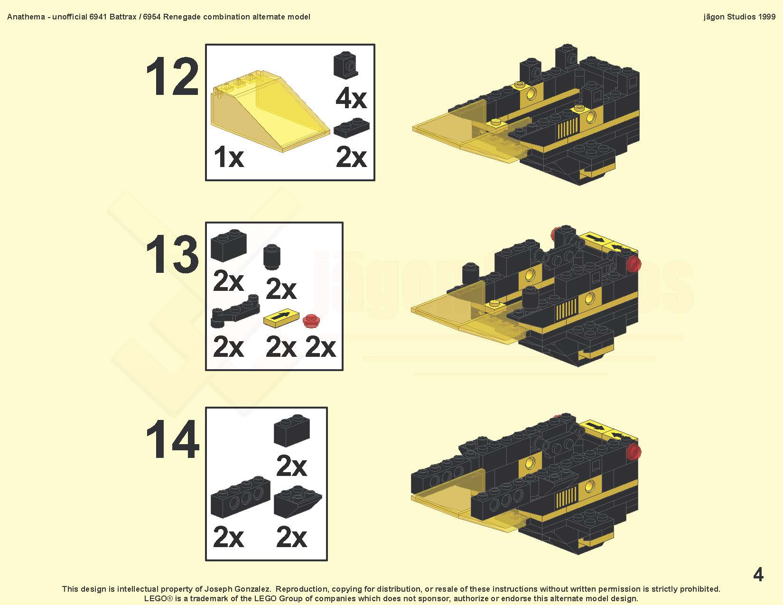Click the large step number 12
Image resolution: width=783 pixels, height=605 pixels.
click(x=172, y=77)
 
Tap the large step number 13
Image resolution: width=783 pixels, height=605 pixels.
click(x=172, y=254)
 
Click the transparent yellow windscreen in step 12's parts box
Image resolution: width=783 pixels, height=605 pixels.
click(x=270, y=111)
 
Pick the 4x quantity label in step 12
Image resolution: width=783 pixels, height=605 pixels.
click(x=351, y=98)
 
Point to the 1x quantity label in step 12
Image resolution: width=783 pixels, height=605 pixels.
click(x=229, y=157)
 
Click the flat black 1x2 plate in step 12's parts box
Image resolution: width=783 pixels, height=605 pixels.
click(x=351, y=128)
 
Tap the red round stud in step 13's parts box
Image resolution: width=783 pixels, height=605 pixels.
click(x=310, y=321)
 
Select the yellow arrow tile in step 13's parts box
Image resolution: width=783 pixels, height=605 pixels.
click(x=281, y=318)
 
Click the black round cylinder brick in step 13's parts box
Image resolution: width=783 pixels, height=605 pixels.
click(x=272, y=257)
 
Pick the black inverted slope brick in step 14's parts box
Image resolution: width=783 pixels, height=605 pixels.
click(x=298, y=502)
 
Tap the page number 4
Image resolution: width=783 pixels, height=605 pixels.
click(x=758, y=575)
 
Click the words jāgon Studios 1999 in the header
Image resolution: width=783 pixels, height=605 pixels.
click(x=739, y=17)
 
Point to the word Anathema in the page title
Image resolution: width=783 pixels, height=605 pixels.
click(x=26, y=17)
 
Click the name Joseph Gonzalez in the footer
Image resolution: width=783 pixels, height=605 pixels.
click(x=238, y=589)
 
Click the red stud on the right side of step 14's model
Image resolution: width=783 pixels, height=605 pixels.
click(x=634, y=451)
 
